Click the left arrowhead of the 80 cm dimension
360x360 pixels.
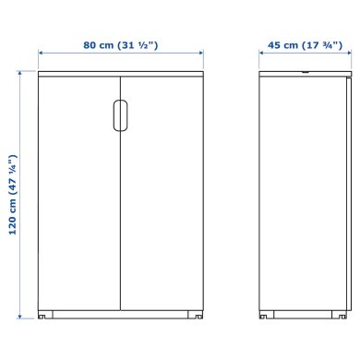(40, 55)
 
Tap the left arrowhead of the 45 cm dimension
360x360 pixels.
(261, 55)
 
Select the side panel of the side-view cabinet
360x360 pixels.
(301, 194)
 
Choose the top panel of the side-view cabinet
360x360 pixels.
(301, 71)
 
